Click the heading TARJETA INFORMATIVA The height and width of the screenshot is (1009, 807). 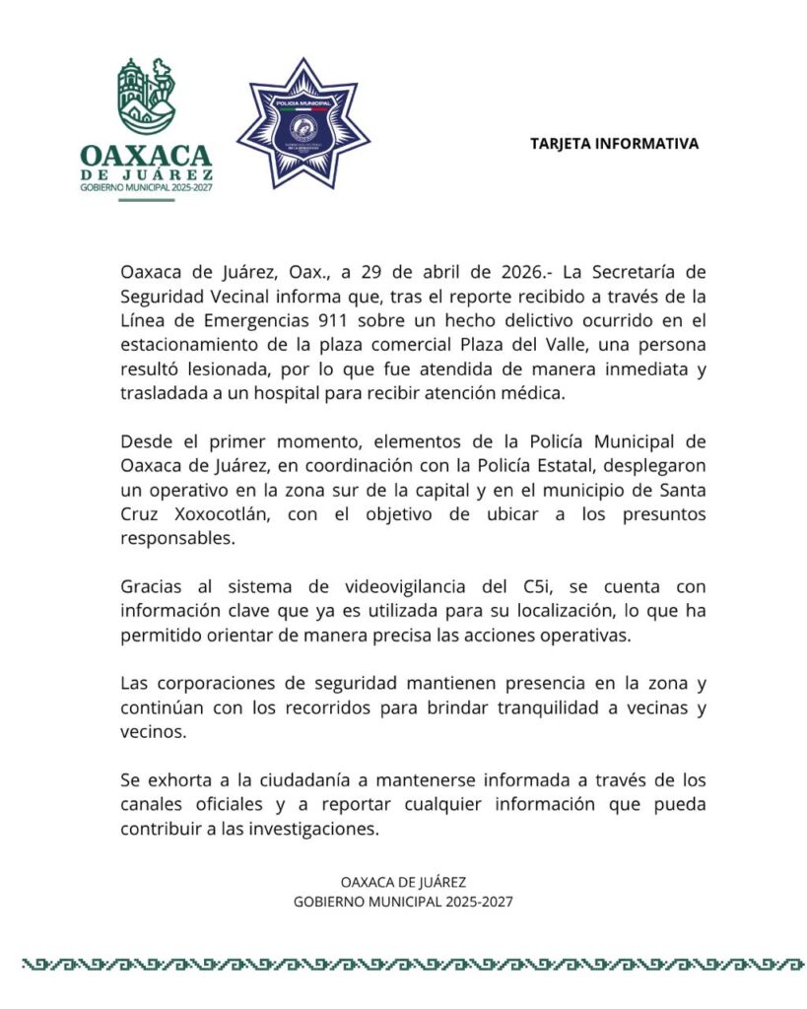(614, 144)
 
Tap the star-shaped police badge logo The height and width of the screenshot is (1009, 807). (303, 123)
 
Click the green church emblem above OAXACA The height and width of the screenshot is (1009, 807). (146, 96)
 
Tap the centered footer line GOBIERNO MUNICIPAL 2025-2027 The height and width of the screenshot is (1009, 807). (403, 902)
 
